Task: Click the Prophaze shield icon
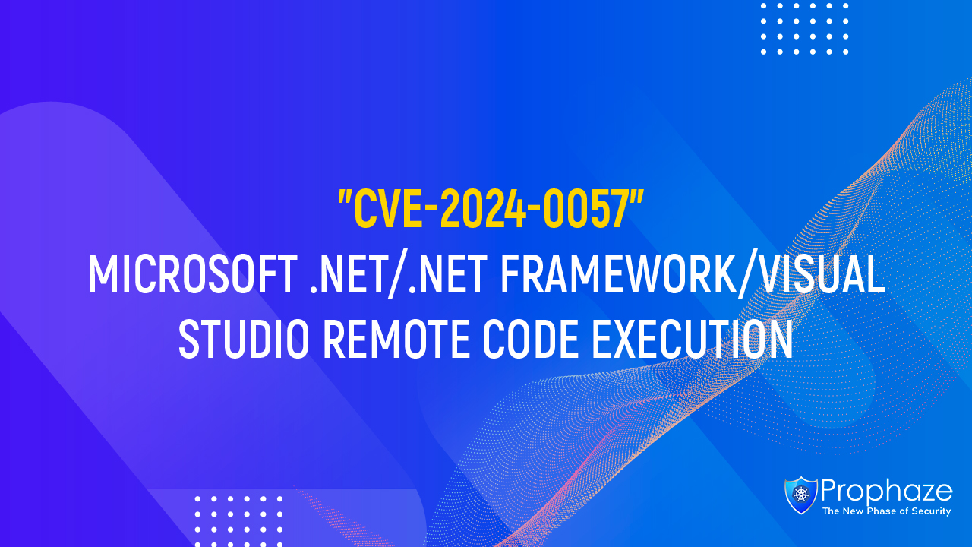pyautogui.click(x=801, y=495)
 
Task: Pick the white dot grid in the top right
pyautogui.click(x=805, y=28)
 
